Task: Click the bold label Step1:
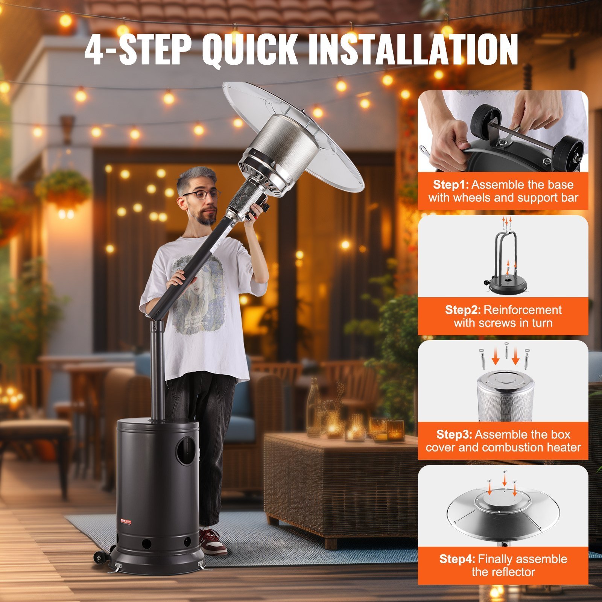[x=451, y=185]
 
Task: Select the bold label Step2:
[x=463, y=310]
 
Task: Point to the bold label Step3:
[x=454, y=435]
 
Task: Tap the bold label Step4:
[x=457, y=559]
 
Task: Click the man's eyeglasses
[x=201, y=195]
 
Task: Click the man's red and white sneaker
[x=213, y=542]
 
